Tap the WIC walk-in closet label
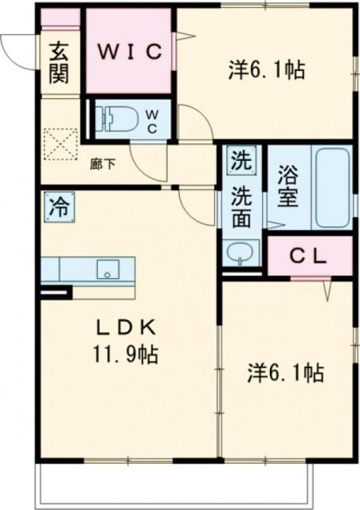(x=130, y=51)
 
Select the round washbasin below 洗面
(x=239, y=254)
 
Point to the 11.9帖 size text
(x=124, y=353)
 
